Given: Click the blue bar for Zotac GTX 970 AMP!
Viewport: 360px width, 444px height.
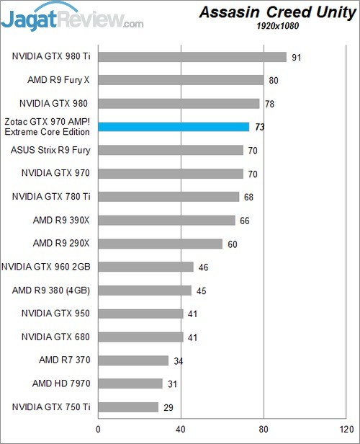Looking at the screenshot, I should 174,127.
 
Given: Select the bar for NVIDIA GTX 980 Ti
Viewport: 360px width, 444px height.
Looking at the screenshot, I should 192,57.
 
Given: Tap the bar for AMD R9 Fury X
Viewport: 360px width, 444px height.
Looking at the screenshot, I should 181,80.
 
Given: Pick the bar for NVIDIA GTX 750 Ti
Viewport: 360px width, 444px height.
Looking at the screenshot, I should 128,407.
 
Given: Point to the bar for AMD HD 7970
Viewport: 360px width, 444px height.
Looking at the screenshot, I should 130,383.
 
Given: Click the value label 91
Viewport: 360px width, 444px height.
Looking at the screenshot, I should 297,57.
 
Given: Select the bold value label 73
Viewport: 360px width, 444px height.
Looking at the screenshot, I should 260,127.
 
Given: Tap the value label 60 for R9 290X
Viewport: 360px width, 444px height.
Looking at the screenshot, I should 233,244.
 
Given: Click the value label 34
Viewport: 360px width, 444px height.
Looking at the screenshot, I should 179,360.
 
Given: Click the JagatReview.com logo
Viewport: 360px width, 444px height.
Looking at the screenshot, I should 72,18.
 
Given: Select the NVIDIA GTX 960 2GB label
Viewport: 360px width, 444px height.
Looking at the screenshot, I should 45,267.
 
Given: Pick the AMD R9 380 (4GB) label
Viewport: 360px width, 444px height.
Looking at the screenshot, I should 51,290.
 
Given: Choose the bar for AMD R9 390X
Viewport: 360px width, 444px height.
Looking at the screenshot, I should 166,220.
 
